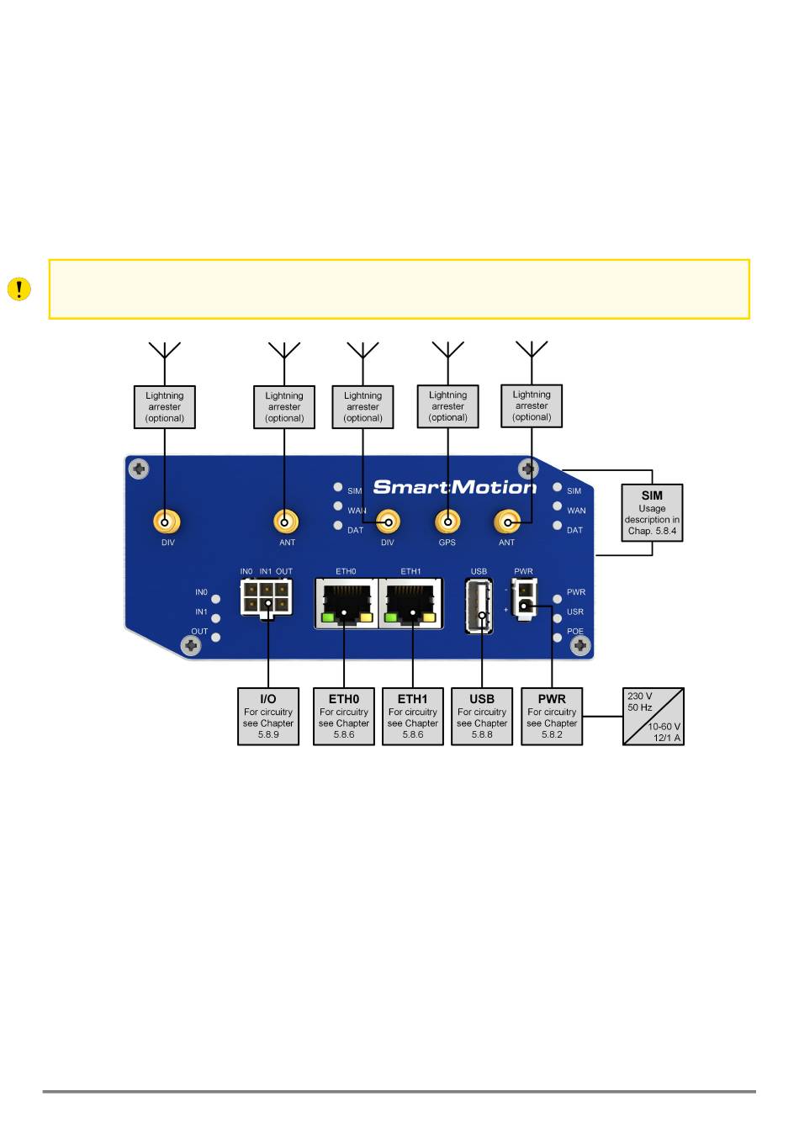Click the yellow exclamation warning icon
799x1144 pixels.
19,289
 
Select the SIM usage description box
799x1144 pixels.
652,513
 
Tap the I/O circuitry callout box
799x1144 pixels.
268,716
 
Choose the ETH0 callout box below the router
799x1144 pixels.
344,716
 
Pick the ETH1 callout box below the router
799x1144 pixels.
412,716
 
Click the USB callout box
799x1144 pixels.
481,716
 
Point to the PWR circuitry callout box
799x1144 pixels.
552,716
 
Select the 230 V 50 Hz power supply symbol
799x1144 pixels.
653,716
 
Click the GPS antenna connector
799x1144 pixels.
447,522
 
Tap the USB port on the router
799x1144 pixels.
479,606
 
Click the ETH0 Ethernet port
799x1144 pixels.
347,603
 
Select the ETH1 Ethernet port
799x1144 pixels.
410,603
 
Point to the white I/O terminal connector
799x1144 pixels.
267,599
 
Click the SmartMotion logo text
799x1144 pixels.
454,487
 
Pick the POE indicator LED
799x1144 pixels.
557,638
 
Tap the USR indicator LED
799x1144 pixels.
557,618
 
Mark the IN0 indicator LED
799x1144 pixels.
216,599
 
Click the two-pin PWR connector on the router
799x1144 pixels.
524,599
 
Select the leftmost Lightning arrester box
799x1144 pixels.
164,406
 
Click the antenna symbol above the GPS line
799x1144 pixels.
447,350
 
